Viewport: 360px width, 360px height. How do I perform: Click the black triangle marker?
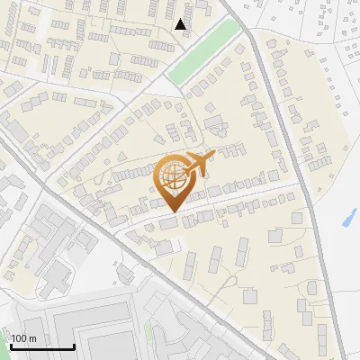click(182, 24)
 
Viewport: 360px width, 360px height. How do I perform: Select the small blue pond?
click(350, 217)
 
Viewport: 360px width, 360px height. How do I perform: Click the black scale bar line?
click(42, 346)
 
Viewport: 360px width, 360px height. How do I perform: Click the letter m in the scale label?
click(32, 338)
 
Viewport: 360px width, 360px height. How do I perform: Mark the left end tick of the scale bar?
click(12, 345)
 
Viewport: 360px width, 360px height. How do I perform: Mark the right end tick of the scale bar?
click(74, 345)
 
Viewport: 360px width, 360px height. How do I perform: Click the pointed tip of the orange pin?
click(172, 212)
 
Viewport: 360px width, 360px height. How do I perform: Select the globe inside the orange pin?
click(171, 177)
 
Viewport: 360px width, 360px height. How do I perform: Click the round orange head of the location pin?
click(171, 177)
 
